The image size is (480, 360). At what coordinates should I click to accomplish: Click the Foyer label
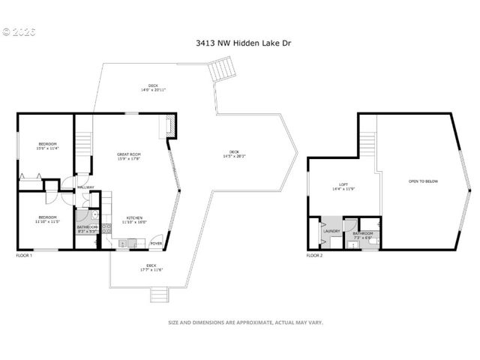coord(156,243)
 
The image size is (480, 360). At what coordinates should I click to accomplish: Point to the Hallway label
coord(85,187)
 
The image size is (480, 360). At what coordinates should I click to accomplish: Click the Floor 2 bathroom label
coord(363,235)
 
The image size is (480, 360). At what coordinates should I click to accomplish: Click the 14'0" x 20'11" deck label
coord(153,87)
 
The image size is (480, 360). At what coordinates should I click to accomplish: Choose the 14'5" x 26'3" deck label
coord(234,154)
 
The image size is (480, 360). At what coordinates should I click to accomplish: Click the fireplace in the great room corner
coord(170,127)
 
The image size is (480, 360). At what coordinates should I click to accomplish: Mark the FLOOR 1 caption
coord(25,256)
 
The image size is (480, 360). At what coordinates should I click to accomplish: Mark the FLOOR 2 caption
coord(314,256)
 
